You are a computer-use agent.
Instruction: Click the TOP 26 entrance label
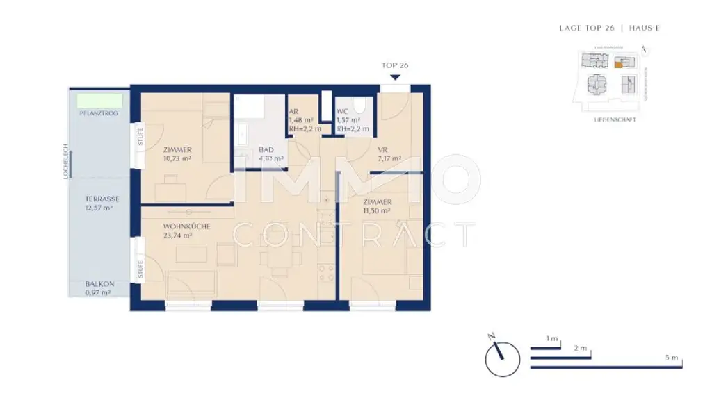click(x=394, y=65)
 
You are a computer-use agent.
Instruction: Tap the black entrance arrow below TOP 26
click(x=395, y=77)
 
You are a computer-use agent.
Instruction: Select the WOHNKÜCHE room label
click(x=186, y=226)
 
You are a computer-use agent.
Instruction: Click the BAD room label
click(x=266, y=149)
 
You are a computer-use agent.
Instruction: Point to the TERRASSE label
click(x=102, y=199)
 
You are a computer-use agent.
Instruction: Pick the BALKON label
click(x=99, y=284)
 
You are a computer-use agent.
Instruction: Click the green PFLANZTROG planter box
click(x=100, y=101)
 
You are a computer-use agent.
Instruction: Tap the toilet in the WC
click(x=359, y=106)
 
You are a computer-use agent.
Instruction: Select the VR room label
click(x=382, y=149)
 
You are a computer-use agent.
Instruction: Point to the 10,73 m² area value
click(x=177, y=158)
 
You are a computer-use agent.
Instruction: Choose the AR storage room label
click(x=293, y=110)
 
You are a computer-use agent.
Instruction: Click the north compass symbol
click(x=503, y=357)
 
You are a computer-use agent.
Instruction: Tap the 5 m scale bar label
click(x=670, y=357)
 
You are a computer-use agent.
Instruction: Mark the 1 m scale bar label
click(x=552, y=338)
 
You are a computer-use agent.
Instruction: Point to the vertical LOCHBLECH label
click(x=65, y=162)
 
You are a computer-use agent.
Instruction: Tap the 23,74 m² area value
click(x=178, y=235)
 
